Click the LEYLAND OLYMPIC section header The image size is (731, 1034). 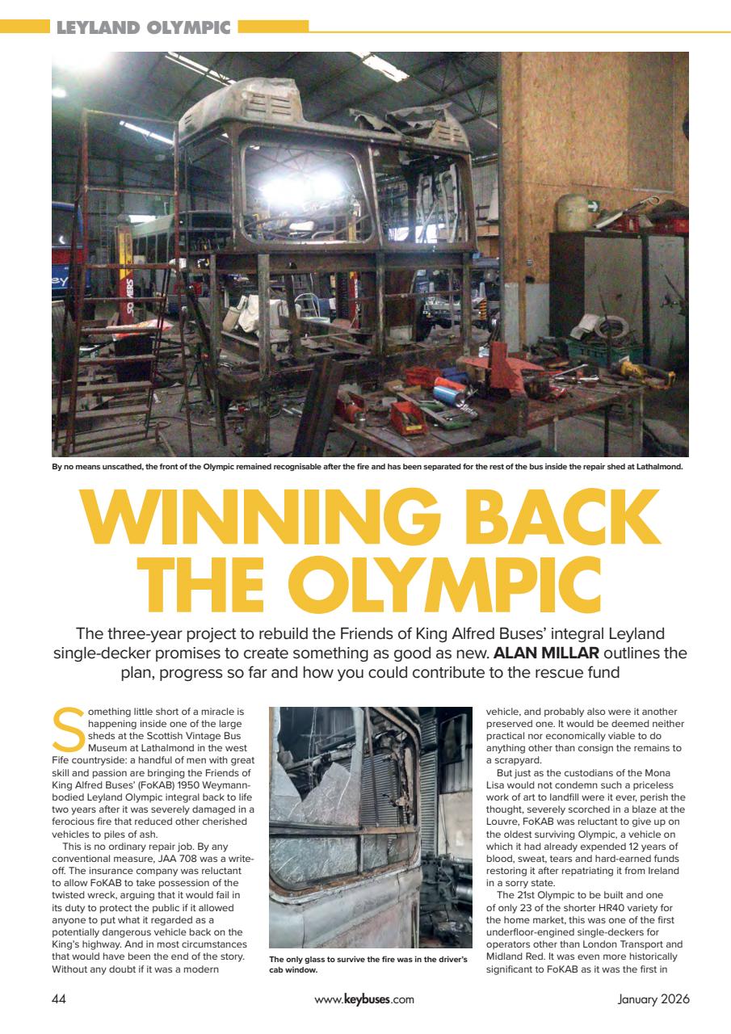pyautogui.click(x=143, y=28)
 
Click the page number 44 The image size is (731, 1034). pyautogui.click(x=59, y=998)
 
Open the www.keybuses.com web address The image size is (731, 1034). pyautogui.click(x=364, y=998)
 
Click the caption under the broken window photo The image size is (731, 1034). pyautogui.click(x=368, y=965)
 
